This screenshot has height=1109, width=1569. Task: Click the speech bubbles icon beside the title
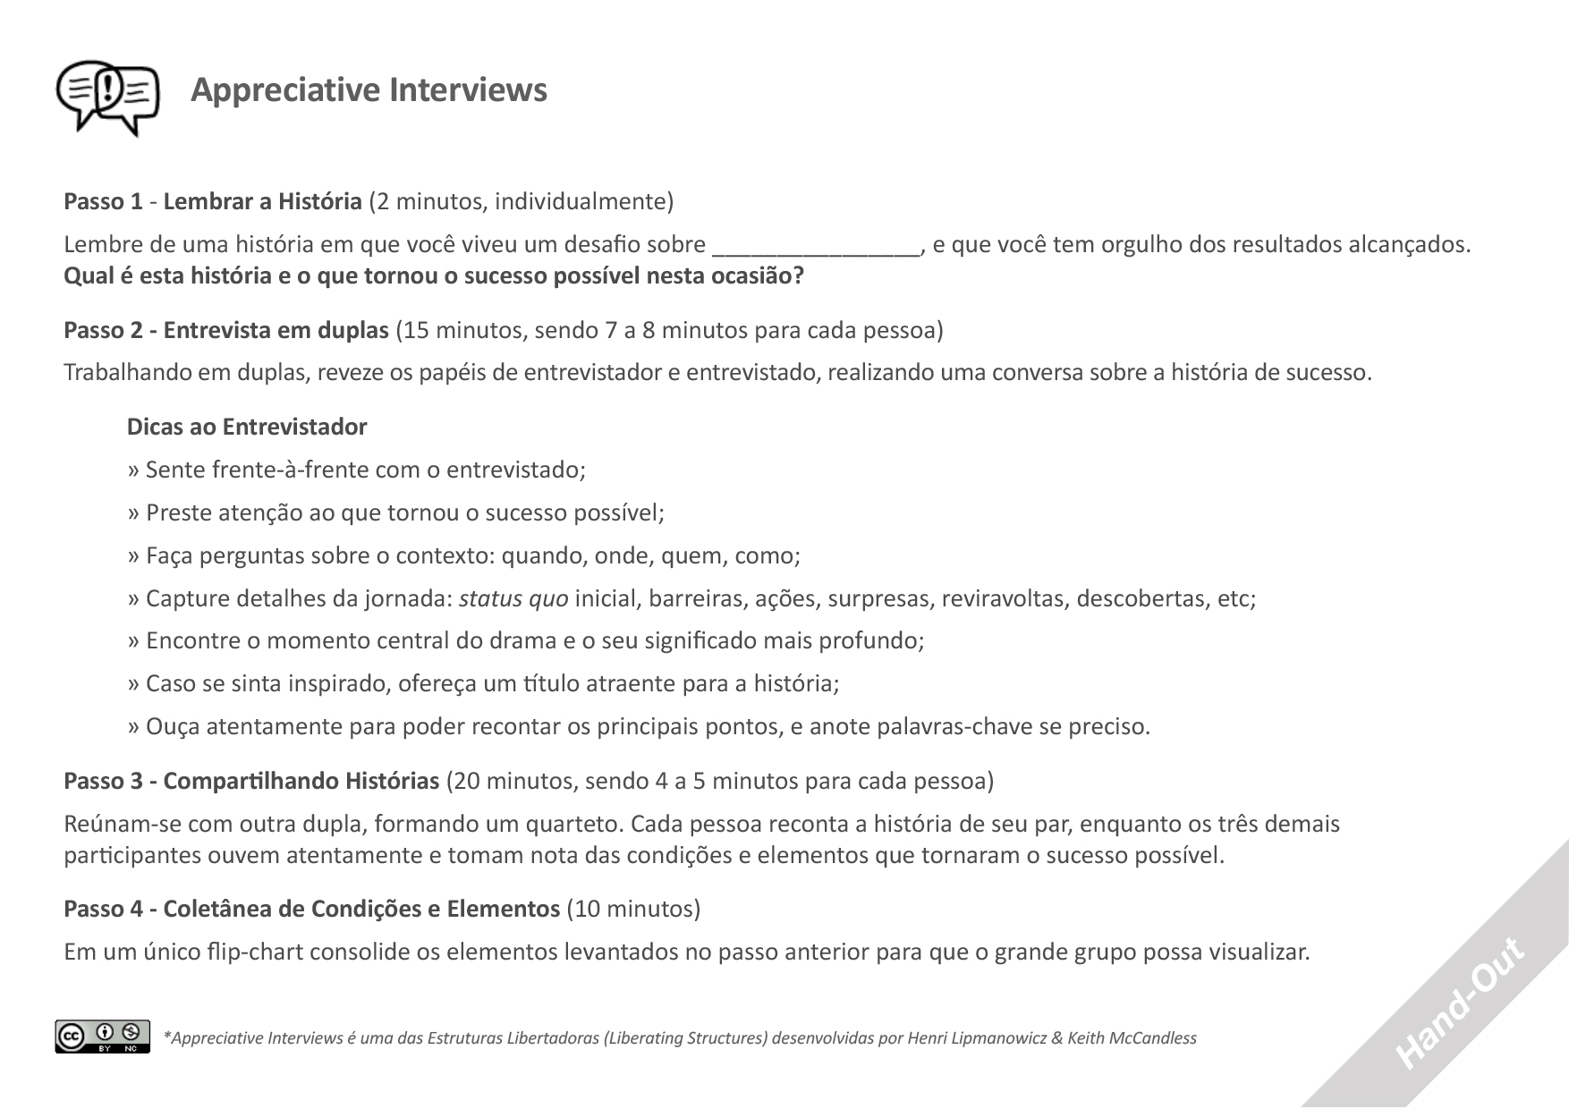(107, 97)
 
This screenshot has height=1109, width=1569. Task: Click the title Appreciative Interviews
(369, 90)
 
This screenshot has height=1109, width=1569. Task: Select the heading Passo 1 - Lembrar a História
(212, 201)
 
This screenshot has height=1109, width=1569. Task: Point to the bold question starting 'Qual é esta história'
(434, 275)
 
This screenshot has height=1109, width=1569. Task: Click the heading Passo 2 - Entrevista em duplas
(226, 330)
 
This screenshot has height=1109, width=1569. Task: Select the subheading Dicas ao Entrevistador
(247, 427)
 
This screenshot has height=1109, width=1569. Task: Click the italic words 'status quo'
(513, 598)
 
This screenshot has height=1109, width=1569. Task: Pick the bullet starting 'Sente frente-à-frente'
(357, 470)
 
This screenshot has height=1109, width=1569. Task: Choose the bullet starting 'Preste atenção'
(396, 512)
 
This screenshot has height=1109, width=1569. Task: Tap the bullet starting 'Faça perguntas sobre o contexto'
(464, 555)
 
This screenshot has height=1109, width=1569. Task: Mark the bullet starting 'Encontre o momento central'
(526, 640)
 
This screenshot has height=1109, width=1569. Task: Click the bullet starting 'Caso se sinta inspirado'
(484, 683)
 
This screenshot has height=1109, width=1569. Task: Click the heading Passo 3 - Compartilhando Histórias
(251, 781)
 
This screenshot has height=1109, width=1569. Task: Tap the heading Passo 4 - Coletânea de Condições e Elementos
(311, 909)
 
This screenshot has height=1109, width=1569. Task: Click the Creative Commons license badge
(102, 1036)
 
